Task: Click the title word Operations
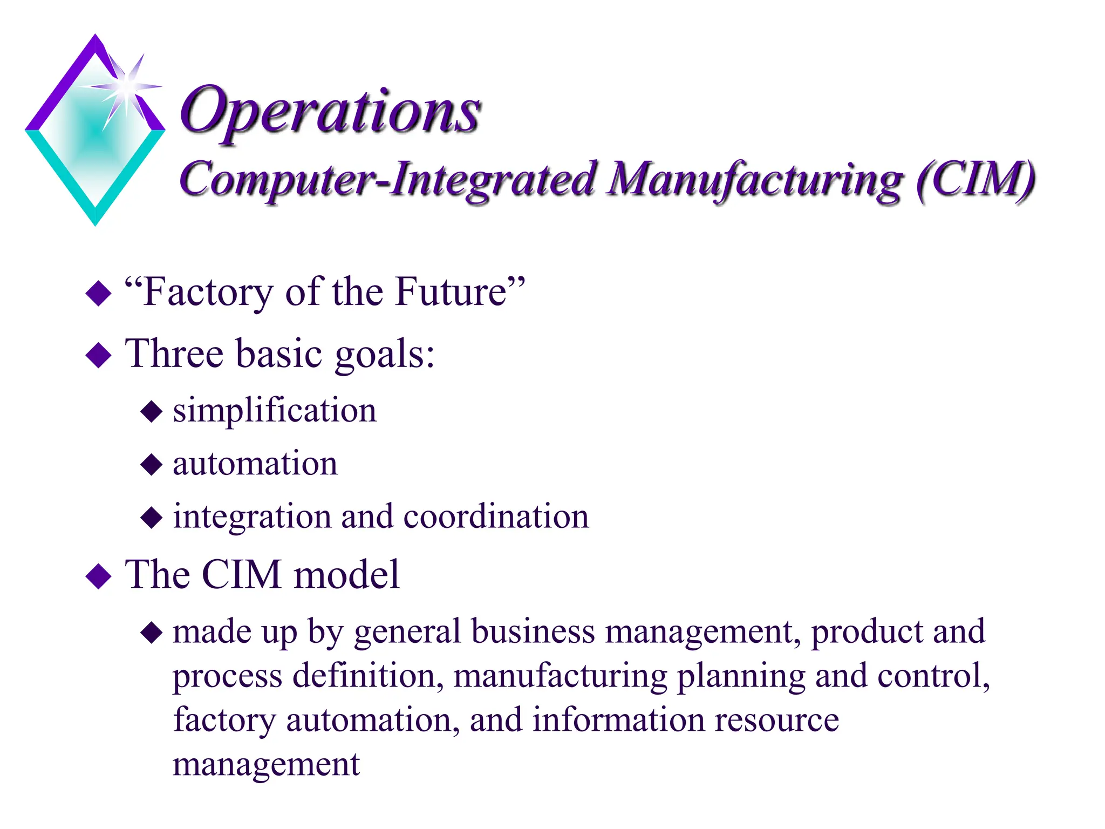330,112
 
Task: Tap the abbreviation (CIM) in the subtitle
975,180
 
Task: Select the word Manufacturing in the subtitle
754,180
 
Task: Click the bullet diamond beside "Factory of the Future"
98,293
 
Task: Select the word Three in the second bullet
174,354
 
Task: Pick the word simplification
274,411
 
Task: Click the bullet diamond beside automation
151,464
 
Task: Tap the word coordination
496,517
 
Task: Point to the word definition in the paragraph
368,676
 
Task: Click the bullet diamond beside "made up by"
151,633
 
